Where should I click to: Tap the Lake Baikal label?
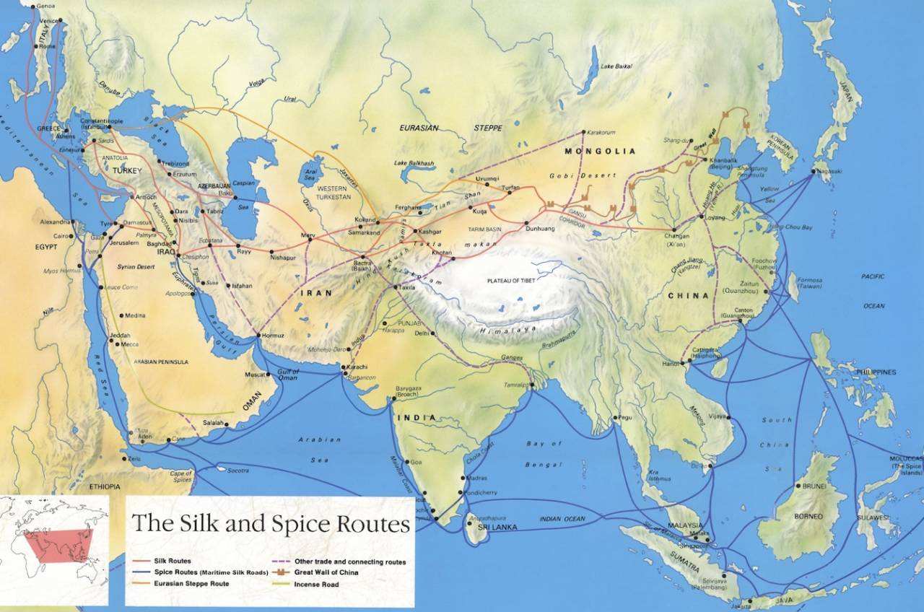tap(616, 66)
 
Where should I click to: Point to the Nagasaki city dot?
tap(812, 171)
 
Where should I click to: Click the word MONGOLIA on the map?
tap(600, 152)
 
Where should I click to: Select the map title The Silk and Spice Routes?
tap(270, 523)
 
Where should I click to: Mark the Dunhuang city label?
tap(540, 229)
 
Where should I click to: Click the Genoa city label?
tap(45, 6)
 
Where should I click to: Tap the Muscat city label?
tap(256, 375)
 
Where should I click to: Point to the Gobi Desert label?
tap(592, 177)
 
